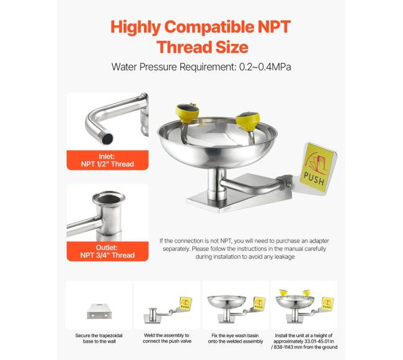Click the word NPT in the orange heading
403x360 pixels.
click(274, 27)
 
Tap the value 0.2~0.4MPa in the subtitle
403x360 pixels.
click(265, 67)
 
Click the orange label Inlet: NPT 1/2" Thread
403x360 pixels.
click(107, 160)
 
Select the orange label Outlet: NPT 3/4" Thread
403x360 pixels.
click(107, 252)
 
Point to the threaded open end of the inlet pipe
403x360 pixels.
click(107, 139)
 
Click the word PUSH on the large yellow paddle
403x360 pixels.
click(314, 178)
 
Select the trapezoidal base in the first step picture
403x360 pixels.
click(99, 311)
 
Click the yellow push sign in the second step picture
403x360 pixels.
click(185, 303)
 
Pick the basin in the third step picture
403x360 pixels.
click(226, 302)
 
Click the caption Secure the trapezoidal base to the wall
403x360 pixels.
click(99, 338)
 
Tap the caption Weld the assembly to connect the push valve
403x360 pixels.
click(167, 338)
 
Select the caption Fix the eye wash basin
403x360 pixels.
click(235, 335)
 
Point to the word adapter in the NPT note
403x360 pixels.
click(319, 241)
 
